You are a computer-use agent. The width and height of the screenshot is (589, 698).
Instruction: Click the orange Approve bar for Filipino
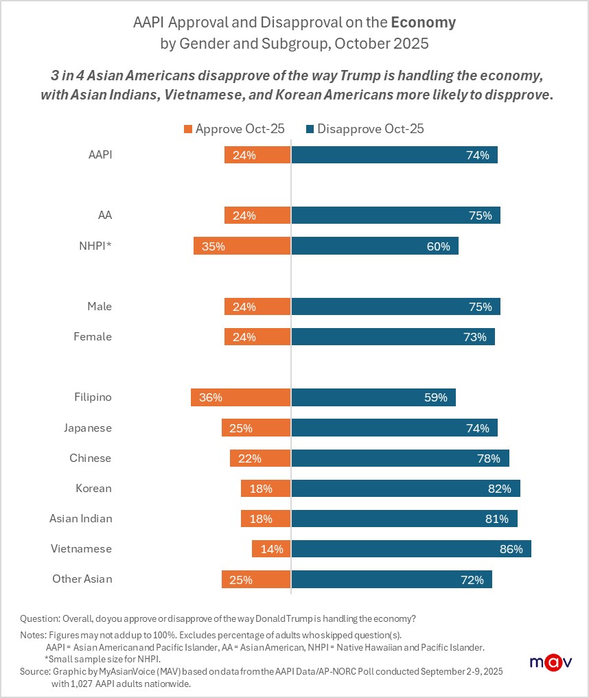click(240, 397)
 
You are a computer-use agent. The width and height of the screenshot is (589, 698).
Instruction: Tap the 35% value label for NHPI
click(213, 246)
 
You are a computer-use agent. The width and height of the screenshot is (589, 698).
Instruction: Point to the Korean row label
click(93, 489)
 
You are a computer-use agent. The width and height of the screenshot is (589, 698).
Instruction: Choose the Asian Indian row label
click(80, 519)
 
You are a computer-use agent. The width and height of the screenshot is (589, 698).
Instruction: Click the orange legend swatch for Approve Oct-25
click(188, 128)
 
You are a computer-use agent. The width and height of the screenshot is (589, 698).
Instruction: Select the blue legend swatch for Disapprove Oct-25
click(310, 128)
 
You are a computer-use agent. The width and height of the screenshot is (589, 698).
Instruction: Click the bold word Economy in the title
click(423, 22)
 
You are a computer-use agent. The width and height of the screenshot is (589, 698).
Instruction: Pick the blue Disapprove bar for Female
click(393, 337)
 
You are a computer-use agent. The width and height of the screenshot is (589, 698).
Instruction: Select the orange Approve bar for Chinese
click(260, 458)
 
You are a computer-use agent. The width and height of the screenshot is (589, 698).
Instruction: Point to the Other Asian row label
click(82, 579)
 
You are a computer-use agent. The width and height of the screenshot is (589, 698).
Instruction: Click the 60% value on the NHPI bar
click(438, 246)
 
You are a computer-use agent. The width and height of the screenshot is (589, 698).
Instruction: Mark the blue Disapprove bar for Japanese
click(394, 428)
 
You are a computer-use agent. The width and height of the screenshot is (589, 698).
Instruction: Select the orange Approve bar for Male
click(257, 307)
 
